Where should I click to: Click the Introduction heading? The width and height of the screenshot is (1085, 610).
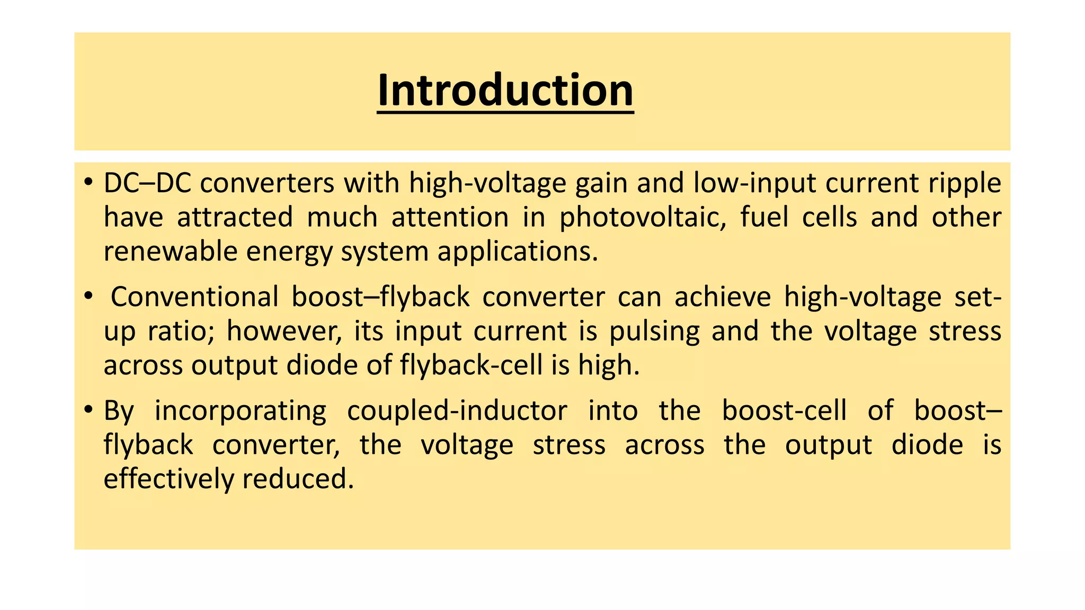coord(505,91)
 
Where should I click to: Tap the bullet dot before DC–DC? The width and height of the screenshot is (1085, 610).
coord(88,183)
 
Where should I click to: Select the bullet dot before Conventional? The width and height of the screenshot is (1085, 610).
coord(88,297)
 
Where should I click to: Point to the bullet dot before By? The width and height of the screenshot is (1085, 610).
coord(88,410)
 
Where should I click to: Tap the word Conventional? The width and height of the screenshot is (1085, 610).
coord(194,297)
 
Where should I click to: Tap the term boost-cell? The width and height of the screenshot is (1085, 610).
coord(784,410)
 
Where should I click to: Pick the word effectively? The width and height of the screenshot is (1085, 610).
coord(168,479)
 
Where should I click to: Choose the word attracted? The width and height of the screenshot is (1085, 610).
coord(235,217)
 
